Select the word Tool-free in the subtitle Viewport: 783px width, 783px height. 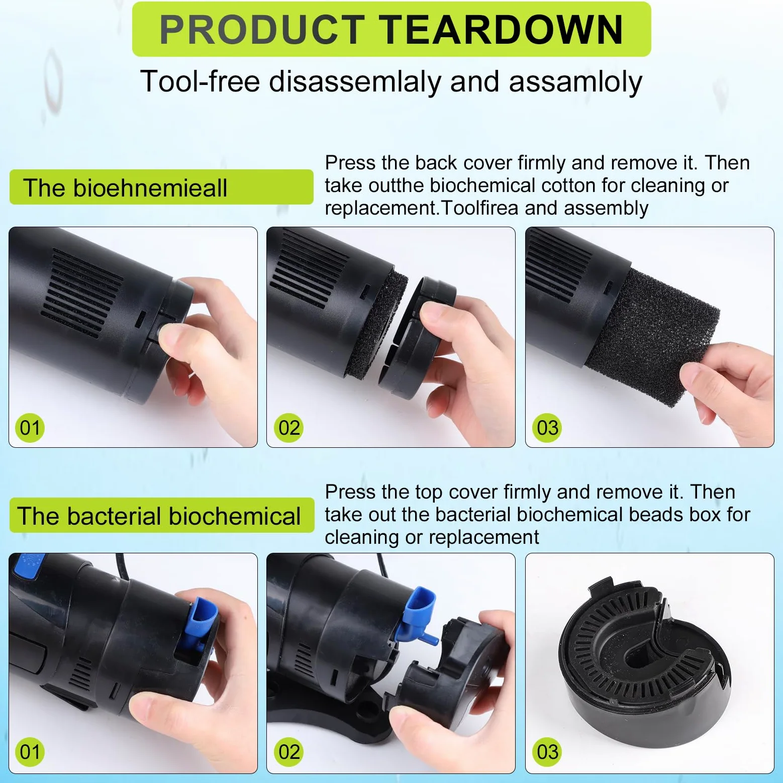(200, 81)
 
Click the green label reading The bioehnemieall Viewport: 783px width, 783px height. (161, 187)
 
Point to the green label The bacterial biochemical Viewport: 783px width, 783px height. (161, 516)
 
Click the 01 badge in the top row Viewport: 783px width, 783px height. (30, 428)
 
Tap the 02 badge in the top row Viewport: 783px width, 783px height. (289, 428)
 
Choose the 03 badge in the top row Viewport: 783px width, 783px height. (547, 428)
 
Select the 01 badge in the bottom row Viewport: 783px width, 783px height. (30, 752)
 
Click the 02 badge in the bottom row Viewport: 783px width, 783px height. (289, 752)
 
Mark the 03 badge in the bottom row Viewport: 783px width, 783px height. (547, 752)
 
